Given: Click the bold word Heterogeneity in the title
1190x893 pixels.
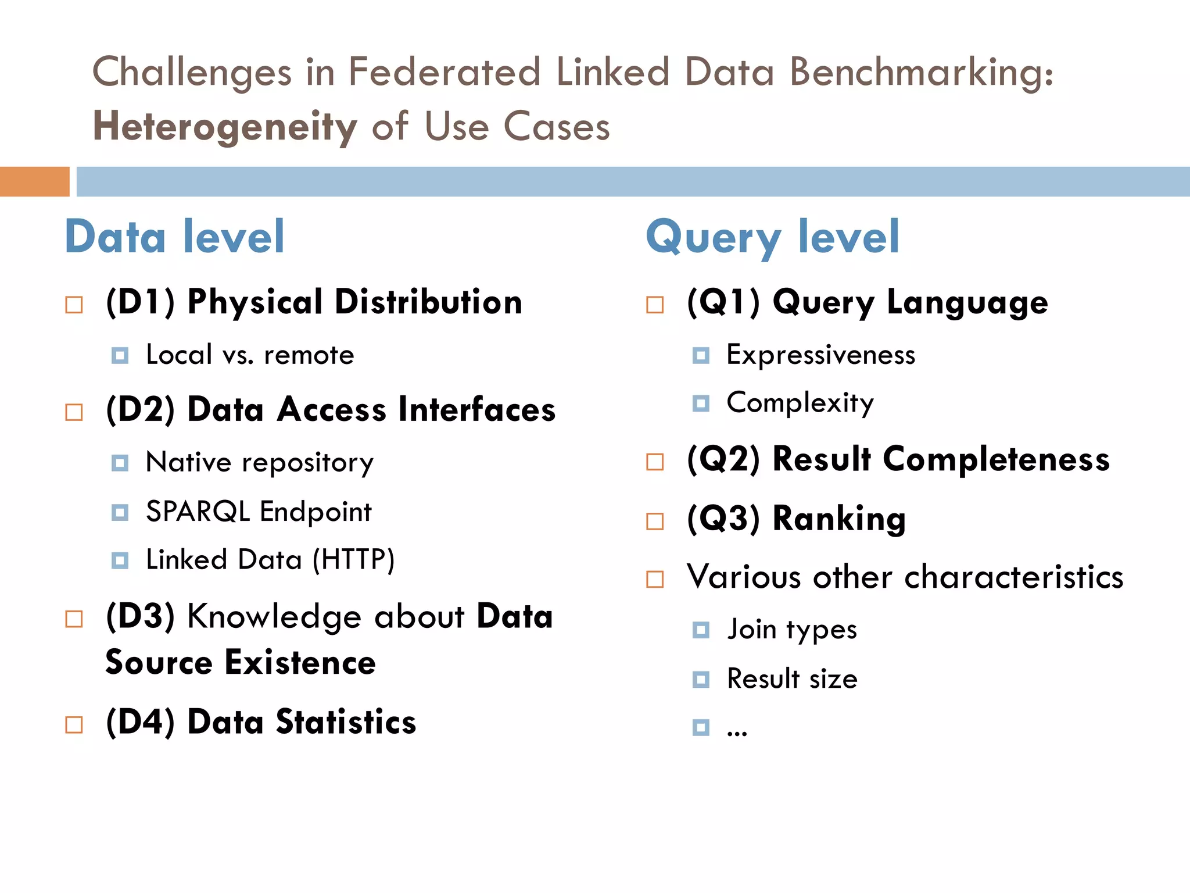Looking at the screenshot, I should pyautogui.click(x=225, y=126).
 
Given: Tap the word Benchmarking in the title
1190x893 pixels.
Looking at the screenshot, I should pyautogui.click(x=921, y=73).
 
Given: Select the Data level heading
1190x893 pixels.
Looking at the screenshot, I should pyautogui.click(x=175, y=237).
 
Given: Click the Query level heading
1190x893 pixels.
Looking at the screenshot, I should pyautogui.click(x=773, y=237).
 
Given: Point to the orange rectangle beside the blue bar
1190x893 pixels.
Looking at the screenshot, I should pyautogui.click(x=34, y=181).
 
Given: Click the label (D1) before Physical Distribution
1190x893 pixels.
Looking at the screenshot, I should pyautogui.click(x=140, y=302).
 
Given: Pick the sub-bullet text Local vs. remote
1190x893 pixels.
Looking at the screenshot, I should pyautogui.click(x=250, y=355).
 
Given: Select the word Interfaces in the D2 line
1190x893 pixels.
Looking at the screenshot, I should pyautogui.click(x=476, y=409).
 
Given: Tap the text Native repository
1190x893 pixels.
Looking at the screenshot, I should pyautogui.click(x=260, y=463).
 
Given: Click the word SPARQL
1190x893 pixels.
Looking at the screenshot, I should pyautogui.click(x=198, y=512).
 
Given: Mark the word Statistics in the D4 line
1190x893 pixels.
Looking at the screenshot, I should pyautogui.click(x=346, y=722).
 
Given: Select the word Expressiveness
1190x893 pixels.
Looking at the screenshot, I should pyautogui.click(x=820, y=355).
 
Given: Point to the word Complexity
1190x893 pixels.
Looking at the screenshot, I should pyautogui.click(x=800, y=403).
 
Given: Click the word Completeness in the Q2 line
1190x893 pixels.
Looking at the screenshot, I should pyautogui.click(x=996, y=459).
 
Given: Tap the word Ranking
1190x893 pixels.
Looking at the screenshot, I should pyautogui.click(x=838, y=519).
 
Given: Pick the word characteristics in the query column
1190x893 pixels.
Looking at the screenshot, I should pyautogui.click(x=1014, y=577).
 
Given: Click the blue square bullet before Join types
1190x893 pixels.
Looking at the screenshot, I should pyautogui.click(x=701, y=630).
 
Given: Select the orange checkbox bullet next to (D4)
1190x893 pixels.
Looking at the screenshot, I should pyautogui.click(x=74, y=725).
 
